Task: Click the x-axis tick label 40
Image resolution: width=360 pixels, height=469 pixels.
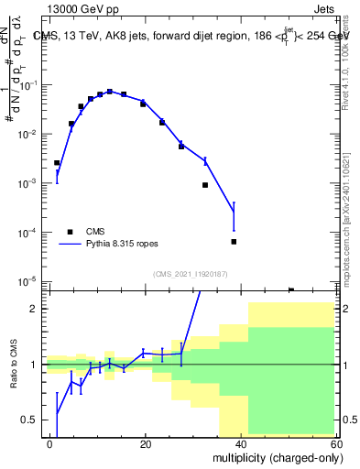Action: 243,443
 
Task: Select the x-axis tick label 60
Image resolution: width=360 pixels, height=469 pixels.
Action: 337,443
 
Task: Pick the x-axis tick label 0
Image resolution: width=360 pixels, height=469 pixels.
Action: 50,443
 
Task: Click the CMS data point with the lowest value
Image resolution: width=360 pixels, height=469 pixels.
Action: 291,290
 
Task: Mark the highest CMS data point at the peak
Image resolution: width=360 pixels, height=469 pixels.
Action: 110,92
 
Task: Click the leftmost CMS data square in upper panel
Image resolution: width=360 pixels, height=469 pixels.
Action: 57,163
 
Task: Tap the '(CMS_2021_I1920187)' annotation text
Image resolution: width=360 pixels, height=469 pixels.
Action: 190,273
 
